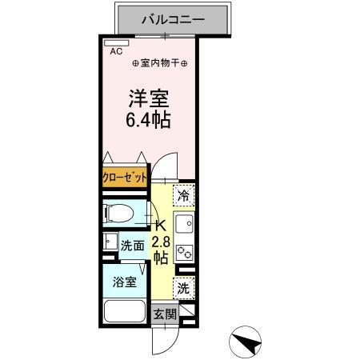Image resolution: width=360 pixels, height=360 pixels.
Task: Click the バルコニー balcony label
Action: click(x=174, y=18)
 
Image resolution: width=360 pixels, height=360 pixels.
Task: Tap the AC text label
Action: click(x=117, y=50)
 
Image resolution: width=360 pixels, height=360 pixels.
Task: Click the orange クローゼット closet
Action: click(x=125, y=178)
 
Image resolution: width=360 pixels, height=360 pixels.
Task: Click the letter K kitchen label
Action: click(x=159, y=226)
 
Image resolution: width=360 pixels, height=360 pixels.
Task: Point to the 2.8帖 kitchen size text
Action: click(x=160, y=250)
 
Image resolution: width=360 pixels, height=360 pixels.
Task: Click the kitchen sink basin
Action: click(x=184, y=223)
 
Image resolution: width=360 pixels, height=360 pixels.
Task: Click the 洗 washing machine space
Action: click(x=184, y=288)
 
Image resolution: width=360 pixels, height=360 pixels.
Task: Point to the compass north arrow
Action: click(x=249, y=343)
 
